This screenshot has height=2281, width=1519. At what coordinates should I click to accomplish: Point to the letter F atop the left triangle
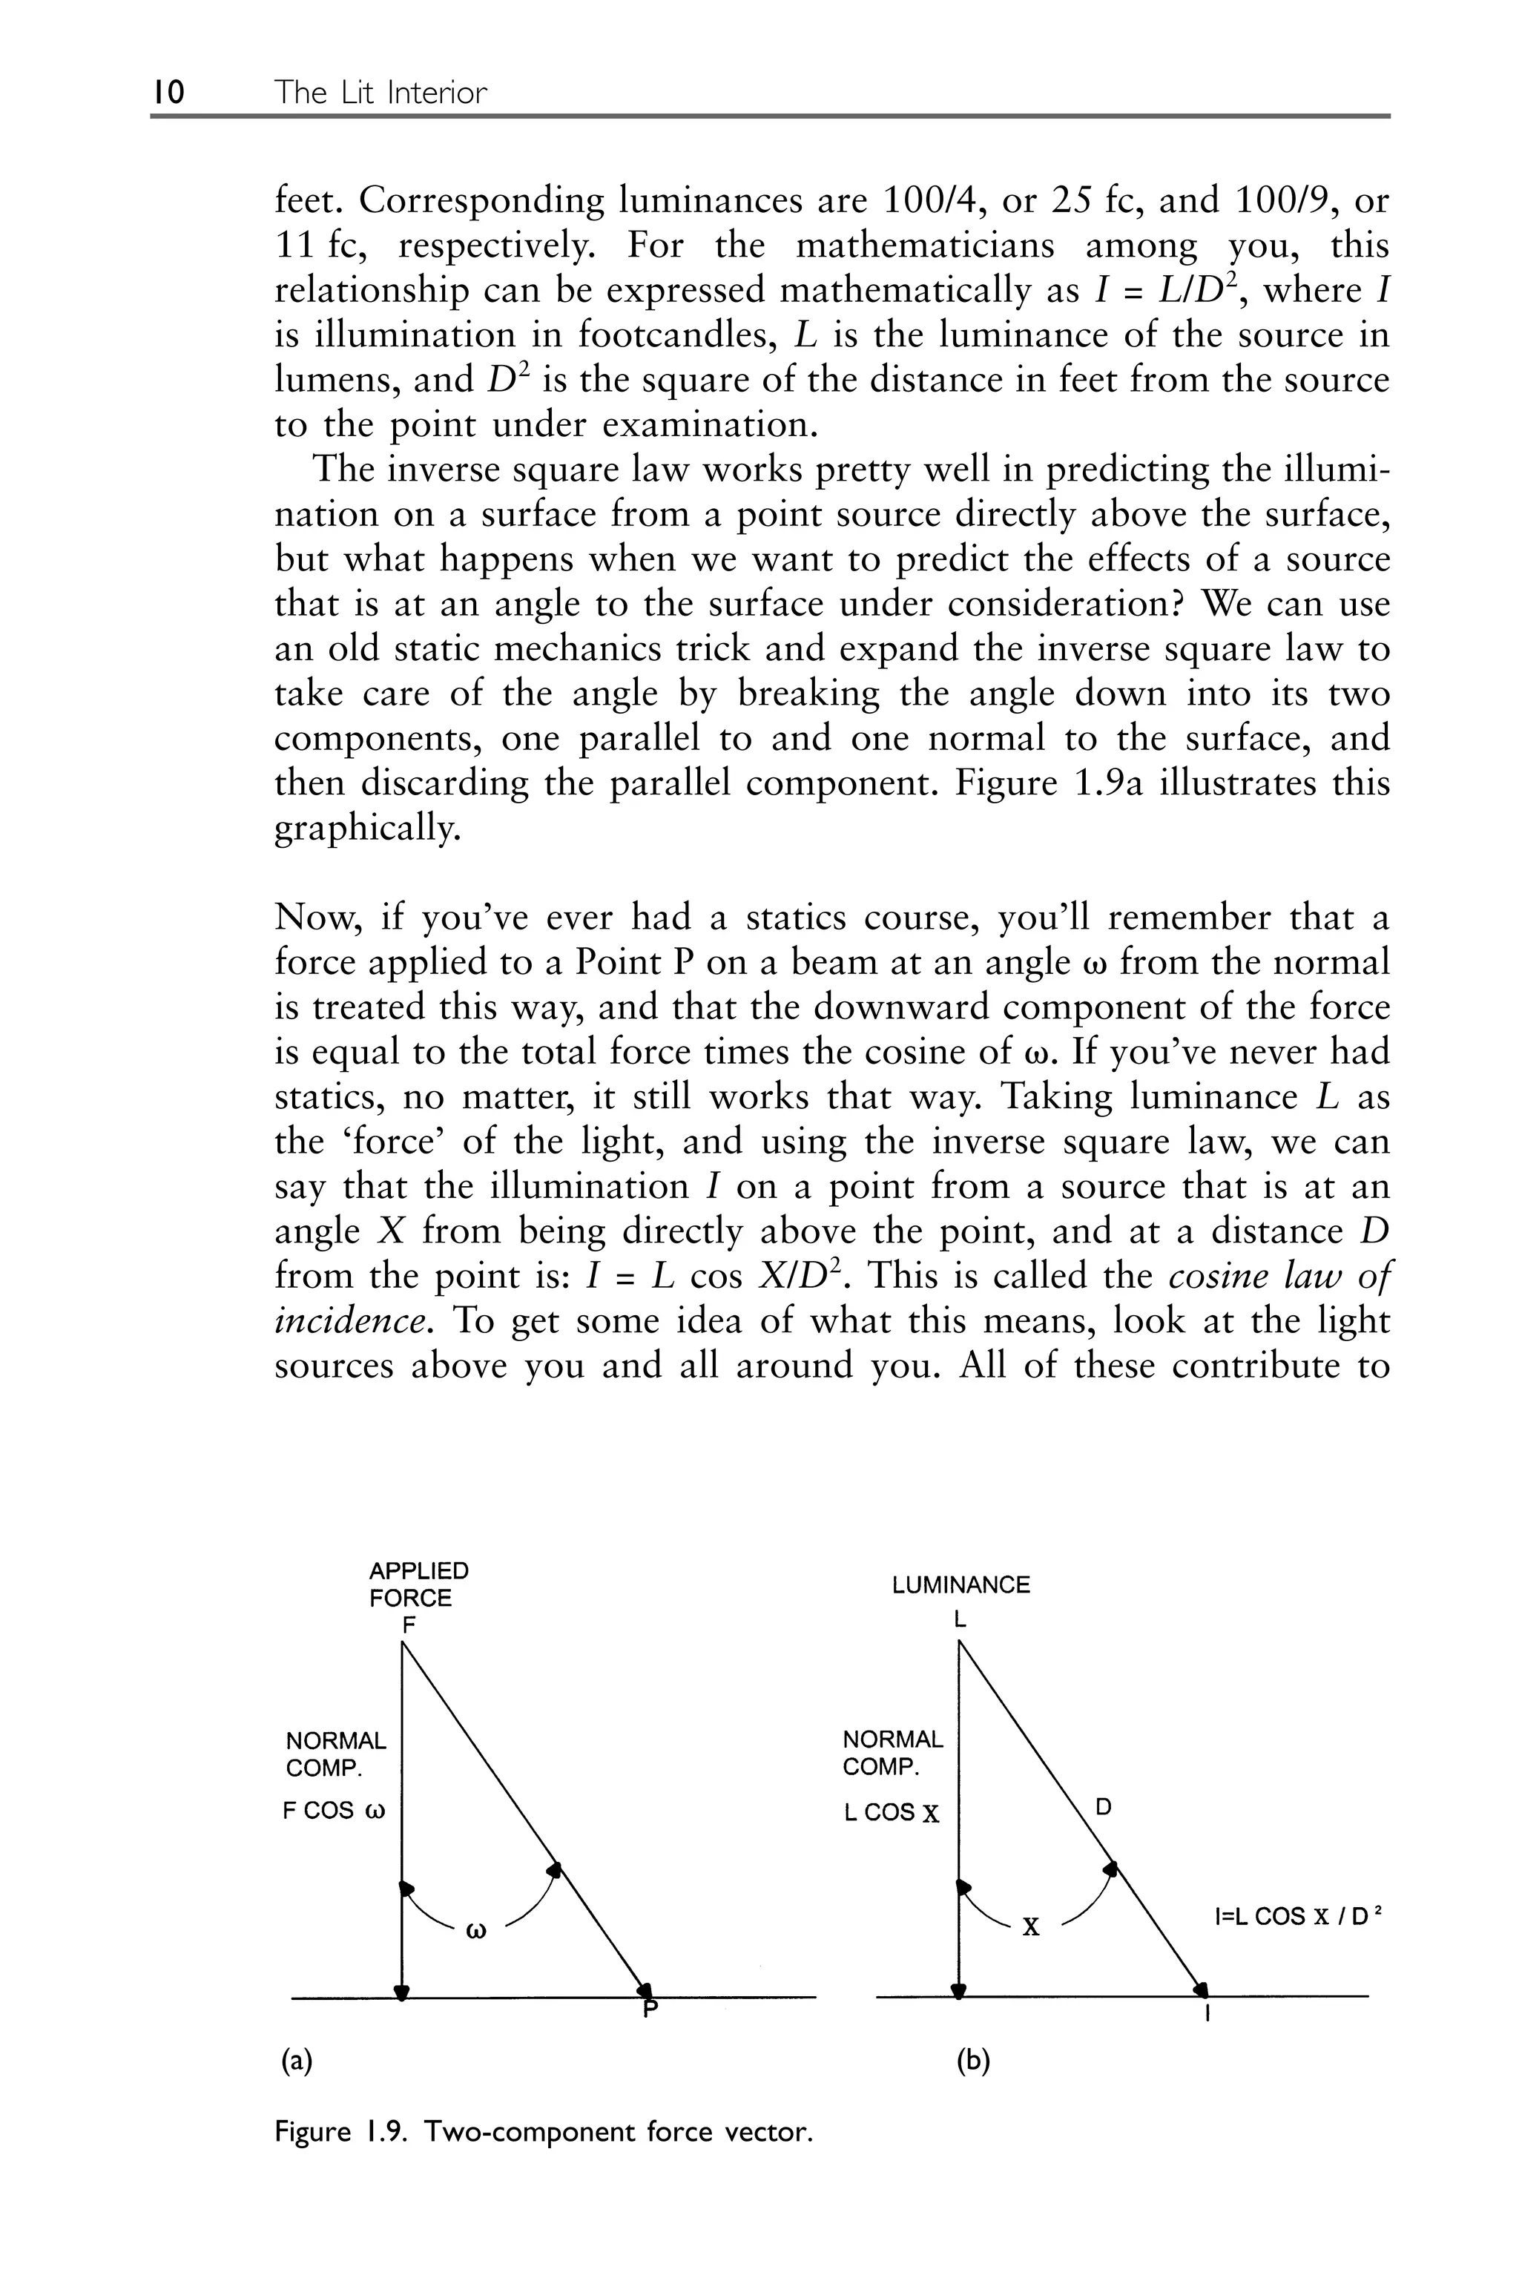pos(408,1625)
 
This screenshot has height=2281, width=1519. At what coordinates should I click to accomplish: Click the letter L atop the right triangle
pos(959,1619)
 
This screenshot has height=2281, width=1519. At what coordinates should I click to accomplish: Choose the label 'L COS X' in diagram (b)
pos(892,1812)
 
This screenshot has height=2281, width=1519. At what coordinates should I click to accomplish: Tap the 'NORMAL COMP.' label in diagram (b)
pos(892,1752)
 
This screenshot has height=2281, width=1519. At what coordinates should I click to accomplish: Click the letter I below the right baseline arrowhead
pos(1207,2017)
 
